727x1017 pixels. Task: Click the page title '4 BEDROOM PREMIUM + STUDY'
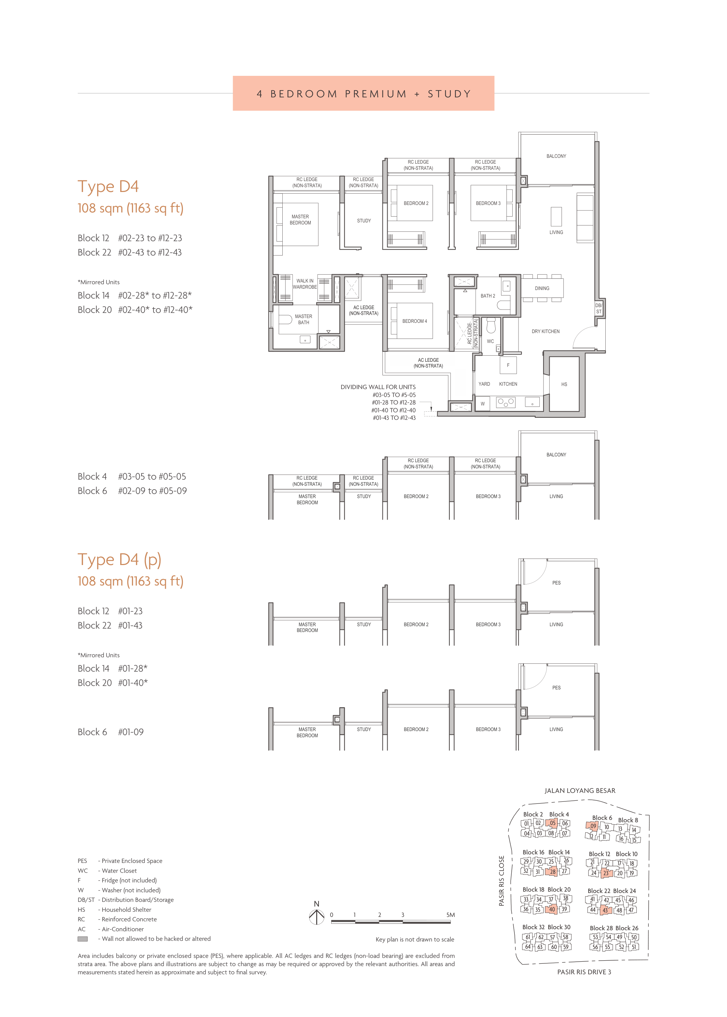[x=364, y=94]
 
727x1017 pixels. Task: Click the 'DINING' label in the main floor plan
[x=542, y=288]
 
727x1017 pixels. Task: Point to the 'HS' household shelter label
[x=564, y=384]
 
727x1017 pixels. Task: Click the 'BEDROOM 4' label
[x=415, y=321]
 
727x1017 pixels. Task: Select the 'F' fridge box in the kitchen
[x=508, y=365]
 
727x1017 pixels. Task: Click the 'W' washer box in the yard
[x=483, y=403]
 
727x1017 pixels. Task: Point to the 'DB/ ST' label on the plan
[x=598, y=308]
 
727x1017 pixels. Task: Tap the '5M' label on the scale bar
[x=450, y=915]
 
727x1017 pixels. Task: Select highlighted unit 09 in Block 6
[x=593, y=826]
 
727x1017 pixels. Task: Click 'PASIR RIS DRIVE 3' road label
[x=584, y=972]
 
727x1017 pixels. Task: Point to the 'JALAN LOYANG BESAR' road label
[x=580, y=791]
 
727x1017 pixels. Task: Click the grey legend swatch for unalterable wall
[x=82, y=939]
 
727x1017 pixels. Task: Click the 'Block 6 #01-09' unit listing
[x=111, y=732]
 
